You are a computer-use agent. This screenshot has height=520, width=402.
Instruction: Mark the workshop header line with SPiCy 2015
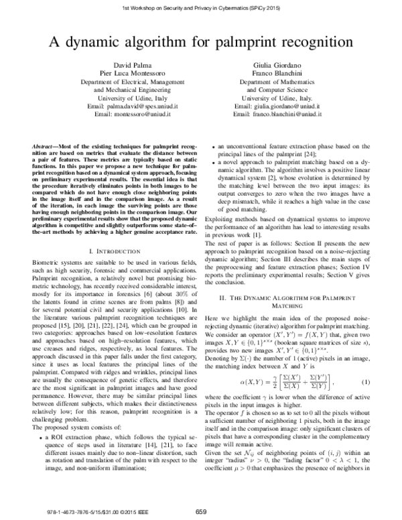[x=201, y=6]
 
